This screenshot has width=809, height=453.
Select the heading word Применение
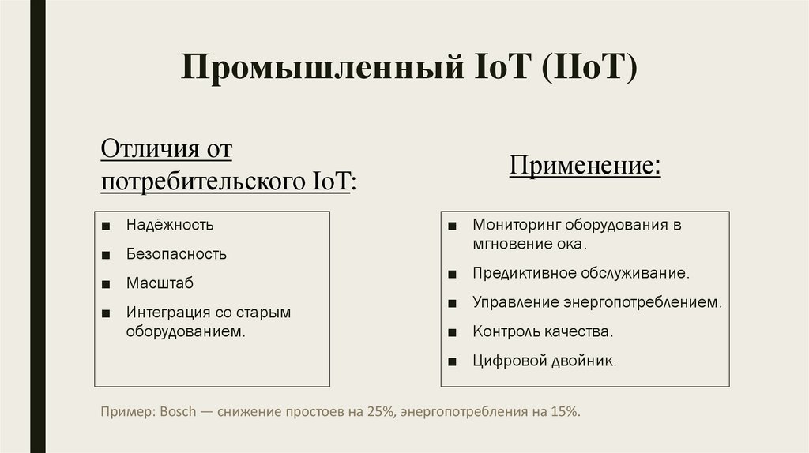[583, 167]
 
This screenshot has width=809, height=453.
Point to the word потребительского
[200, 182]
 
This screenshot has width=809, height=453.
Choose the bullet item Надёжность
[170, 225]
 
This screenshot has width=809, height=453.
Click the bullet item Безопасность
[176, 254]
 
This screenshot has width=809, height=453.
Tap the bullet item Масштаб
[160, 283]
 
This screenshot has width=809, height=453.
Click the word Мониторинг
[514, 225]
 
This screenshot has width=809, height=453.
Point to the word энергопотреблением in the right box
[642, 302]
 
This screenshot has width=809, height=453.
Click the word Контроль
[504, 331]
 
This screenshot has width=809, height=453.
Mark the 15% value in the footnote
[564, 412]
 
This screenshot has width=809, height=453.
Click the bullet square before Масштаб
[106, 283]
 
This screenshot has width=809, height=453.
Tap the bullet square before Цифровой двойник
[451, 361]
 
